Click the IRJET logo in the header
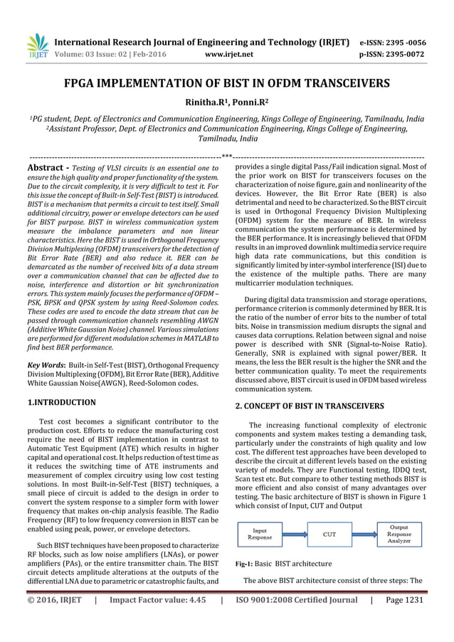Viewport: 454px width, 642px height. pyautogui.click(x=36, y=45)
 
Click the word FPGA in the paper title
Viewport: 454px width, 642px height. pyautogui.click(x=84, y=83)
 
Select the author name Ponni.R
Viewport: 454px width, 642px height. pyautogui.click(x=248, y=102)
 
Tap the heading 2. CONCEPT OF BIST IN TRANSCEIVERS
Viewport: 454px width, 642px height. pyautogui.click(x=310, y=406)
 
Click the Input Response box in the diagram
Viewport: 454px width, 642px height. pyautogui.click(x=260, y=534)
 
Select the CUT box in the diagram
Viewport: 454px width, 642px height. pyautogui.click(x=329, y=534)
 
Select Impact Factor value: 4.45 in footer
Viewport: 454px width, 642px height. pyautogui.click(x=157, y=600)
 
